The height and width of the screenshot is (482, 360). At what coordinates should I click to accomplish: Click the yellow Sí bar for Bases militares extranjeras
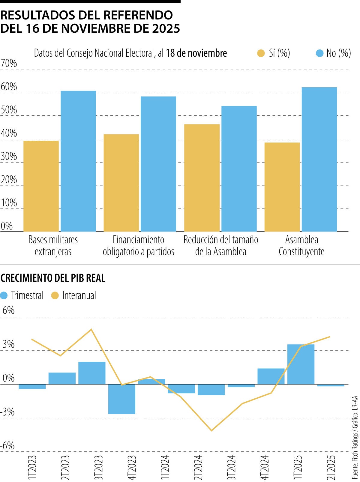tap(41, 186)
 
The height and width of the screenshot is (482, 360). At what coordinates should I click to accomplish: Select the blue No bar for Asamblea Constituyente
tap(319, 159)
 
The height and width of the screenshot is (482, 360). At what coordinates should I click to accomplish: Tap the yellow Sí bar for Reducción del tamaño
tap(202, 178)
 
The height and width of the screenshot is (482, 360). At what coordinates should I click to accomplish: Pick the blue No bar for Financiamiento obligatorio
tap(158, 164)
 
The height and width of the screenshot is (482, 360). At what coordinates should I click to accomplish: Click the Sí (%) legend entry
tap(274, 53)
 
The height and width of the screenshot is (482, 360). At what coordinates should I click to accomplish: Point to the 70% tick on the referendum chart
tap(9, 64)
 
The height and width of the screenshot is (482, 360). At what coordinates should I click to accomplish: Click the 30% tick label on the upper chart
tap(9, 157)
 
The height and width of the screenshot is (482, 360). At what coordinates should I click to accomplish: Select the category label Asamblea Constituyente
tap(301, 246)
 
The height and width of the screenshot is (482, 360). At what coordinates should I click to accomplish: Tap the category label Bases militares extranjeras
tap(53, 246)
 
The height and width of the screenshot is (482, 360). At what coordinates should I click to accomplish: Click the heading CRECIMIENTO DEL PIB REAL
tap(53, 278)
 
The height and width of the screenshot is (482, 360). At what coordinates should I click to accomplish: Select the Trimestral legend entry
tap(22, 295)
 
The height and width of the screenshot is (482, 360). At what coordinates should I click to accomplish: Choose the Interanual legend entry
tap(74, 295)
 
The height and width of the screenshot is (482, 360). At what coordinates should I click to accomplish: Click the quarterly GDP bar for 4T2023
tap(122, 399)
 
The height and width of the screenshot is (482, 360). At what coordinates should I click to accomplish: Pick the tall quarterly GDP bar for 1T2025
tap(301, 364)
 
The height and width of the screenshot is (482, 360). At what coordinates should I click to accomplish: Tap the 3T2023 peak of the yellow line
tap(91, 329)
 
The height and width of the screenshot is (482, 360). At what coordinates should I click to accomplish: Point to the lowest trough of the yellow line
tap(211, 430)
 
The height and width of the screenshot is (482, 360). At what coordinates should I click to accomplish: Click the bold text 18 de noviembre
tap(196, 53)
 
